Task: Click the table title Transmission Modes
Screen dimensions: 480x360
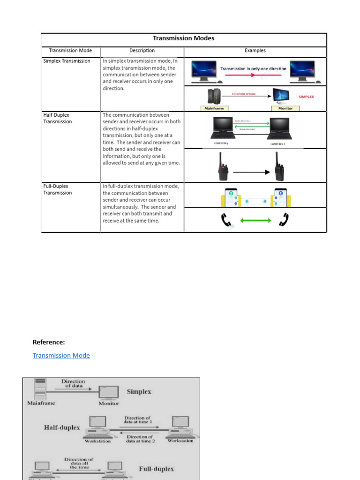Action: point(183,38)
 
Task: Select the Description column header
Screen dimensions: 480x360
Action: point(142,51)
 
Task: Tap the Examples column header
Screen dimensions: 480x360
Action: point(255,51)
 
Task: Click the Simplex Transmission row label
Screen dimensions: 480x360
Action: point(67,61)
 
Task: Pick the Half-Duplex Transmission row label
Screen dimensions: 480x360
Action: point(58,118)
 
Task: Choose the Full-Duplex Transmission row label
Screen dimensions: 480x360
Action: point(58,189)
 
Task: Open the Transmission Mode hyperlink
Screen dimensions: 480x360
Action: point(61,355)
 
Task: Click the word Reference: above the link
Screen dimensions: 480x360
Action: point(49,342)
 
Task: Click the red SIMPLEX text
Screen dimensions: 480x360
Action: point(306,97)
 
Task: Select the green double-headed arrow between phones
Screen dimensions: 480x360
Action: point(255,220)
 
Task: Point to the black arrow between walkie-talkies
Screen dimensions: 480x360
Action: point(252,172)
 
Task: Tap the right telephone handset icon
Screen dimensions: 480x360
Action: point(284,220)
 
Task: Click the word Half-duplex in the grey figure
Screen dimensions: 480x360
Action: point(62,427)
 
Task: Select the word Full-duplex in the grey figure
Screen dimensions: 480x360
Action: point(156,469)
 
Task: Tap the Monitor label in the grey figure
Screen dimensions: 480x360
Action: point(109,403)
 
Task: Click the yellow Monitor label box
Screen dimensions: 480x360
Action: point(285,108)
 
